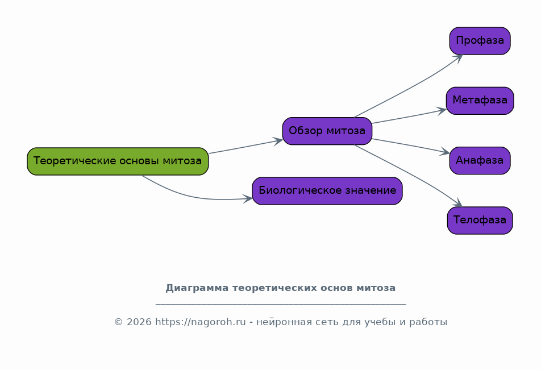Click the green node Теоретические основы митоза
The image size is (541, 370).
tap(118, 161)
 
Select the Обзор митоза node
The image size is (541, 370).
tap(327, 131)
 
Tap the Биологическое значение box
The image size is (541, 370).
tap(327, 191)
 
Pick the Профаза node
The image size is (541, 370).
tap(480, 41)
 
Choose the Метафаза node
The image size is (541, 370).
tap(480, 101)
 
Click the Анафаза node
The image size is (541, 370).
tap(480, 160)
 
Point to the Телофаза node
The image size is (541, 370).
tap(480, 221)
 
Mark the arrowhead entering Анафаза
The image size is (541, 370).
tap(444, 152)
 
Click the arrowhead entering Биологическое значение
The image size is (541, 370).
tap(248, 199)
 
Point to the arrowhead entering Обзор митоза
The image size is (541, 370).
tap(278, 141)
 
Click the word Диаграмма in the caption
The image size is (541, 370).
tap(197, 288)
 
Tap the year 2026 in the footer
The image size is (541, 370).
tap(139, 322)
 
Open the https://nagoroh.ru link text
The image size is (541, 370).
tap(201, 322)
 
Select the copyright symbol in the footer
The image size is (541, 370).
tap(118, 322)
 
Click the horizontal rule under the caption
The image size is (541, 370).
tap(281, 304)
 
